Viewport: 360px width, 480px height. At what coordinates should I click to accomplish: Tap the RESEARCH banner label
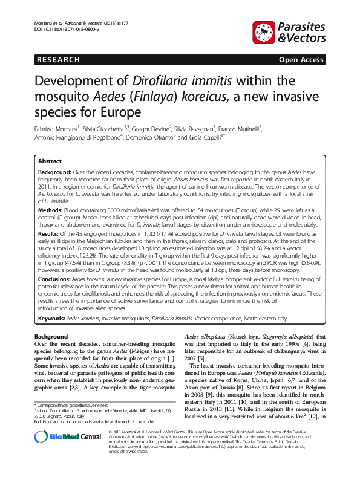coord(58,60)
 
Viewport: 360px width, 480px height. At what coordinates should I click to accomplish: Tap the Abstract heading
coord(50,162)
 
